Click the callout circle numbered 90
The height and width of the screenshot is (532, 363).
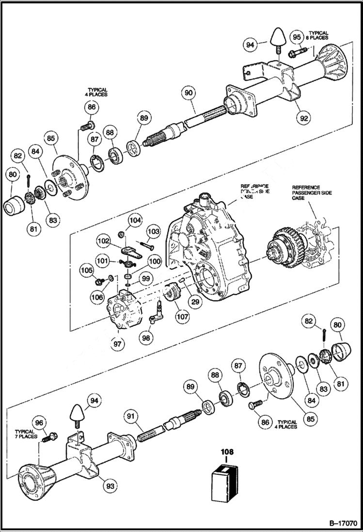[x=189, y=92]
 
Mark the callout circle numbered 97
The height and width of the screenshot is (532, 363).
[x=118, y=343]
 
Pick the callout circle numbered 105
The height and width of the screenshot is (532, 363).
[x=86, y=270]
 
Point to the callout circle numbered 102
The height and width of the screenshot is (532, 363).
[x=104, y=241]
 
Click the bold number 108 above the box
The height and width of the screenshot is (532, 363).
[x=227, y=452]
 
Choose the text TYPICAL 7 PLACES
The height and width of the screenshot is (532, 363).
[x=24, y=434]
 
